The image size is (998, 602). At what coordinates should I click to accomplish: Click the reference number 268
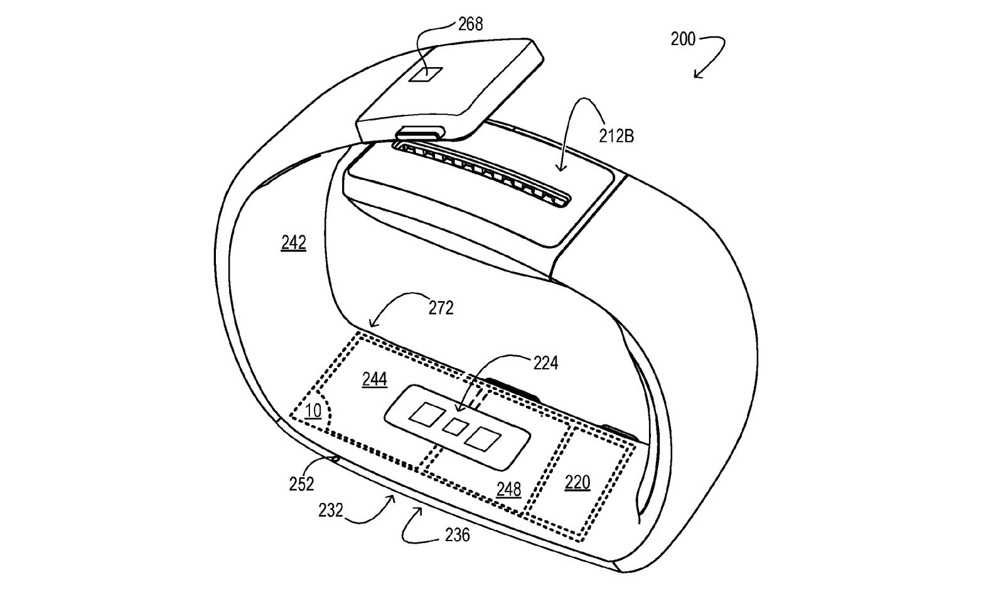(470, 24)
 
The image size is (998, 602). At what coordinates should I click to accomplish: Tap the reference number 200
(683, 40)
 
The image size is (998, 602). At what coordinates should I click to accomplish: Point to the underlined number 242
(293, 243)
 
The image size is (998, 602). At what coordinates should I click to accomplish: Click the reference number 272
(441, 308)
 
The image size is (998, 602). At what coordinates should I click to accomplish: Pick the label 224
(545, 362)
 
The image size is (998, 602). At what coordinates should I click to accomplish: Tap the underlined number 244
(374, 379)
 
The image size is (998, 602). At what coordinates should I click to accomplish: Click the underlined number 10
(313, 411)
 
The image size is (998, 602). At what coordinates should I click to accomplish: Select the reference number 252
(301, 483)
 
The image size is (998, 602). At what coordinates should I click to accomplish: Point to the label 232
(331, 510)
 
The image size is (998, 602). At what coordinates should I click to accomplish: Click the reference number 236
(457, 535)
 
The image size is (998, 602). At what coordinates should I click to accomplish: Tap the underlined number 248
(508, 488)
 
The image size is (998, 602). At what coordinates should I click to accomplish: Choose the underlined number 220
(577, 482)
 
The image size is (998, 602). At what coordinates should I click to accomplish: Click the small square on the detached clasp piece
(426, 75)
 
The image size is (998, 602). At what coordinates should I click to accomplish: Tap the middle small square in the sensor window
(455, 427)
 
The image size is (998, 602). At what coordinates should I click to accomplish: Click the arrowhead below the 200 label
(697, 75)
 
